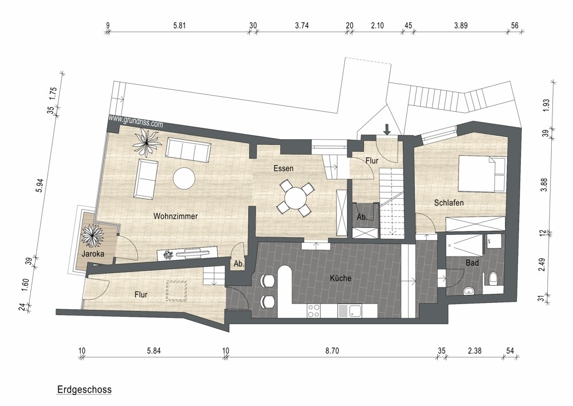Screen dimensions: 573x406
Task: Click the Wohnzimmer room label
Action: tap(175, 216)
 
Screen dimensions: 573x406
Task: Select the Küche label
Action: tap(340, 278)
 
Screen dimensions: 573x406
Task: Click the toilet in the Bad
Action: tap(493, 279)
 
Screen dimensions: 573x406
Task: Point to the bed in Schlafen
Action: tap(482, 174)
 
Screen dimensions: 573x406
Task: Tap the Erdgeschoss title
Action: tap(84, 389)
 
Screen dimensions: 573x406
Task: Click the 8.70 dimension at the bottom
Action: tap(332, 351)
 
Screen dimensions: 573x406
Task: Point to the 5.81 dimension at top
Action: tap(179, 26)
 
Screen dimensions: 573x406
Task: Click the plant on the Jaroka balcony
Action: tap(91, 236)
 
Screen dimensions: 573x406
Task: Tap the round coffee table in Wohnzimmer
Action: tap(184, 178)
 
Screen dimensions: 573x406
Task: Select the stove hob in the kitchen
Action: tap(314, 311)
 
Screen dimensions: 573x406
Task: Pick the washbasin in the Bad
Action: tap(469, 291)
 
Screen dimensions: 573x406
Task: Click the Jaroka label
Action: tap(93, 254)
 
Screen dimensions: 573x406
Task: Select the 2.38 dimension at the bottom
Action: tap(474, 351)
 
